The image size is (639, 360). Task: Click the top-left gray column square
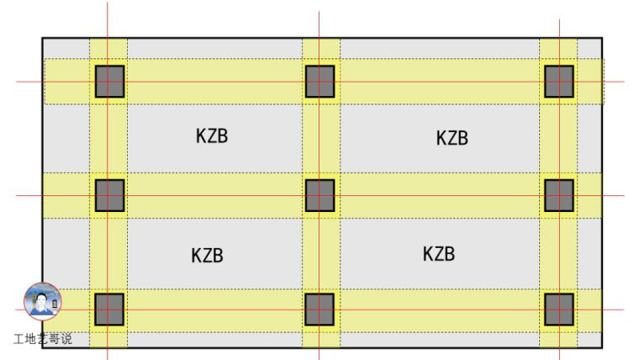(x=109, y=82)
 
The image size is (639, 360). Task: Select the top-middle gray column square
(x=319, y=82)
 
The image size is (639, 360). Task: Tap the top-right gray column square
(x=559, y=82)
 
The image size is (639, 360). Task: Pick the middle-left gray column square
(x=109, y=195)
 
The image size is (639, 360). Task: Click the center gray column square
(x=319, y=195)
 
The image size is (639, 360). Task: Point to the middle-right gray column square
(x=559, y=195)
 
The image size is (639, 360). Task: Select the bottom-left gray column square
(x=109, y=310)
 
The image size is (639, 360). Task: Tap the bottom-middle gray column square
(x=319, y=310)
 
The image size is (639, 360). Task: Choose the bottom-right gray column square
(x=559, y=310)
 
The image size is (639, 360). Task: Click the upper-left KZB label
(x=212, y=136)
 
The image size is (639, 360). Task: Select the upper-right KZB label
(x=452, y=138)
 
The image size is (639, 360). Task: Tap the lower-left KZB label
(x=207, y=256)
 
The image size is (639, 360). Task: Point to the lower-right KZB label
(x=439, y=253)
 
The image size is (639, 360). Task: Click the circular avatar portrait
(x=43, y=301)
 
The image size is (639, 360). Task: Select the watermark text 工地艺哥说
(x=43, y=339)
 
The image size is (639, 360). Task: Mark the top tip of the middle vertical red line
(x=319, y=11)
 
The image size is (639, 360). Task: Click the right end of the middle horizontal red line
(x=625, y=196)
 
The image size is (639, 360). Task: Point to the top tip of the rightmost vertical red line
(x=559, y=19)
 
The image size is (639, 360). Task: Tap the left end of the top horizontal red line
(x=16, y=82)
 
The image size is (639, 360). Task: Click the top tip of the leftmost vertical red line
(x=108, y=2)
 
